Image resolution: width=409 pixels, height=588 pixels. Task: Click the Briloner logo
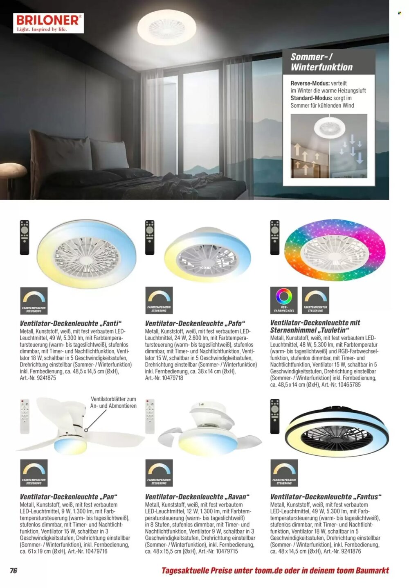click(48, 23)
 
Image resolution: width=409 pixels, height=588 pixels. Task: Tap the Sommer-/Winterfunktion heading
click(321, 62)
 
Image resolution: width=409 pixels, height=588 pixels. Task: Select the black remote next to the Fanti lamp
click(25, 237)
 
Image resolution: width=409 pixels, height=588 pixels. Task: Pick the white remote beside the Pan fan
click(25, 416)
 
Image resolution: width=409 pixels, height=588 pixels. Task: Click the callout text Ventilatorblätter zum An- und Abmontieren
click(113, 403)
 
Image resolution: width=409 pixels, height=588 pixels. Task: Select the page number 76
click(13, 570)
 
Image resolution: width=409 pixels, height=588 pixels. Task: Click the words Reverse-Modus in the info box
click(310, 83)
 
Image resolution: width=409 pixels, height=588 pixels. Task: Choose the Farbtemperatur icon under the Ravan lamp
click(159, 473)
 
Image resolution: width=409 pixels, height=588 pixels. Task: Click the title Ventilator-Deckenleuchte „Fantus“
click(326, 497)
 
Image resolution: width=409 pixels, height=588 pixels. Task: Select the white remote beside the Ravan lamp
click(150, 416)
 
